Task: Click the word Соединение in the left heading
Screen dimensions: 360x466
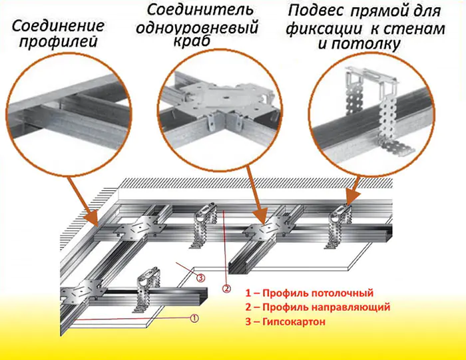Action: pyautogui.click(x=58, y=27)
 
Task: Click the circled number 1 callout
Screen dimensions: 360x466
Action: pyautogui.click(x=194, y=318)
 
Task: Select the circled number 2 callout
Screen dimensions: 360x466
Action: pyautogui.click(x=226, y=288)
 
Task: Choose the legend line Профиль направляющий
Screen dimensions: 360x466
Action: pyautogui.click(x=317, y=307)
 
